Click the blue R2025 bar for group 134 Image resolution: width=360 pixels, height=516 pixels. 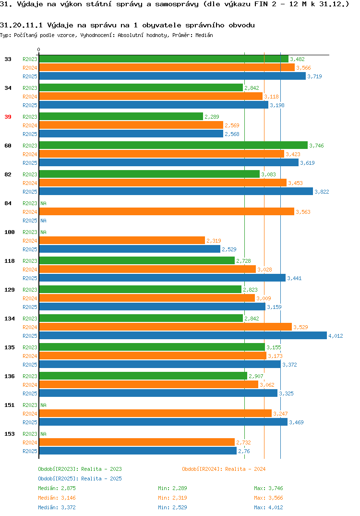tap(183, 336)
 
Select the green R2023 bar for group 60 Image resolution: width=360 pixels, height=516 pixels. tap(173, 146)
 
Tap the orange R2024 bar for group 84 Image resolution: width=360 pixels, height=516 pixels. tap(167, 212)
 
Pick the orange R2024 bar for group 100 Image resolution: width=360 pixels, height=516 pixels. tap(122, 241)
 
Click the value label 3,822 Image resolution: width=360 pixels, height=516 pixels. tap(322, 192)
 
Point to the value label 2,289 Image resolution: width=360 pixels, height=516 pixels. tap(212, 117)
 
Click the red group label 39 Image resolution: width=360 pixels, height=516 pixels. tap(8, 117)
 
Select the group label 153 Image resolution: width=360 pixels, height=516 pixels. tap(10, 434)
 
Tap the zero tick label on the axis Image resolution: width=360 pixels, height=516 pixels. tap(39, 49)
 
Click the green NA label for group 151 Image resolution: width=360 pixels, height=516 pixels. tap(43, 405)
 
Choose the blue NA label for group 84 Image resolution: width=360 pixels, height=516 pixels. tap(43, 221)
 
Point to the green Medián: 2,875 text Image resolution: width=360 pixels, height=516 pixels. tap(57, 488)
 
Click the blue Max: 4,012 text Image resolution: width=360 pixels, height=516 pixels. tap(268, 507)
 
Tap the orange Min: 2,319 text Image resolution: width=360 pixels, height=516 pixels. tap(172, 498)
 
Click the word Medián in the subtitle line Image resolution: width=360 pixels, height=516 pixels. tap(204, 35)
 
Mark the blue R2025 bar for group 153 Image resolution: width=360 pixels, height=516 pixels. tap(138, 451)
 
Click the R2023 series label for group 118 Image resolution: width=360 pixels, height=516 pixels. tap(30, 261)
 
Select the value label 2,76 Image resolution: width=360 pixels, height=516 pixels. tap(244, 451)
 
